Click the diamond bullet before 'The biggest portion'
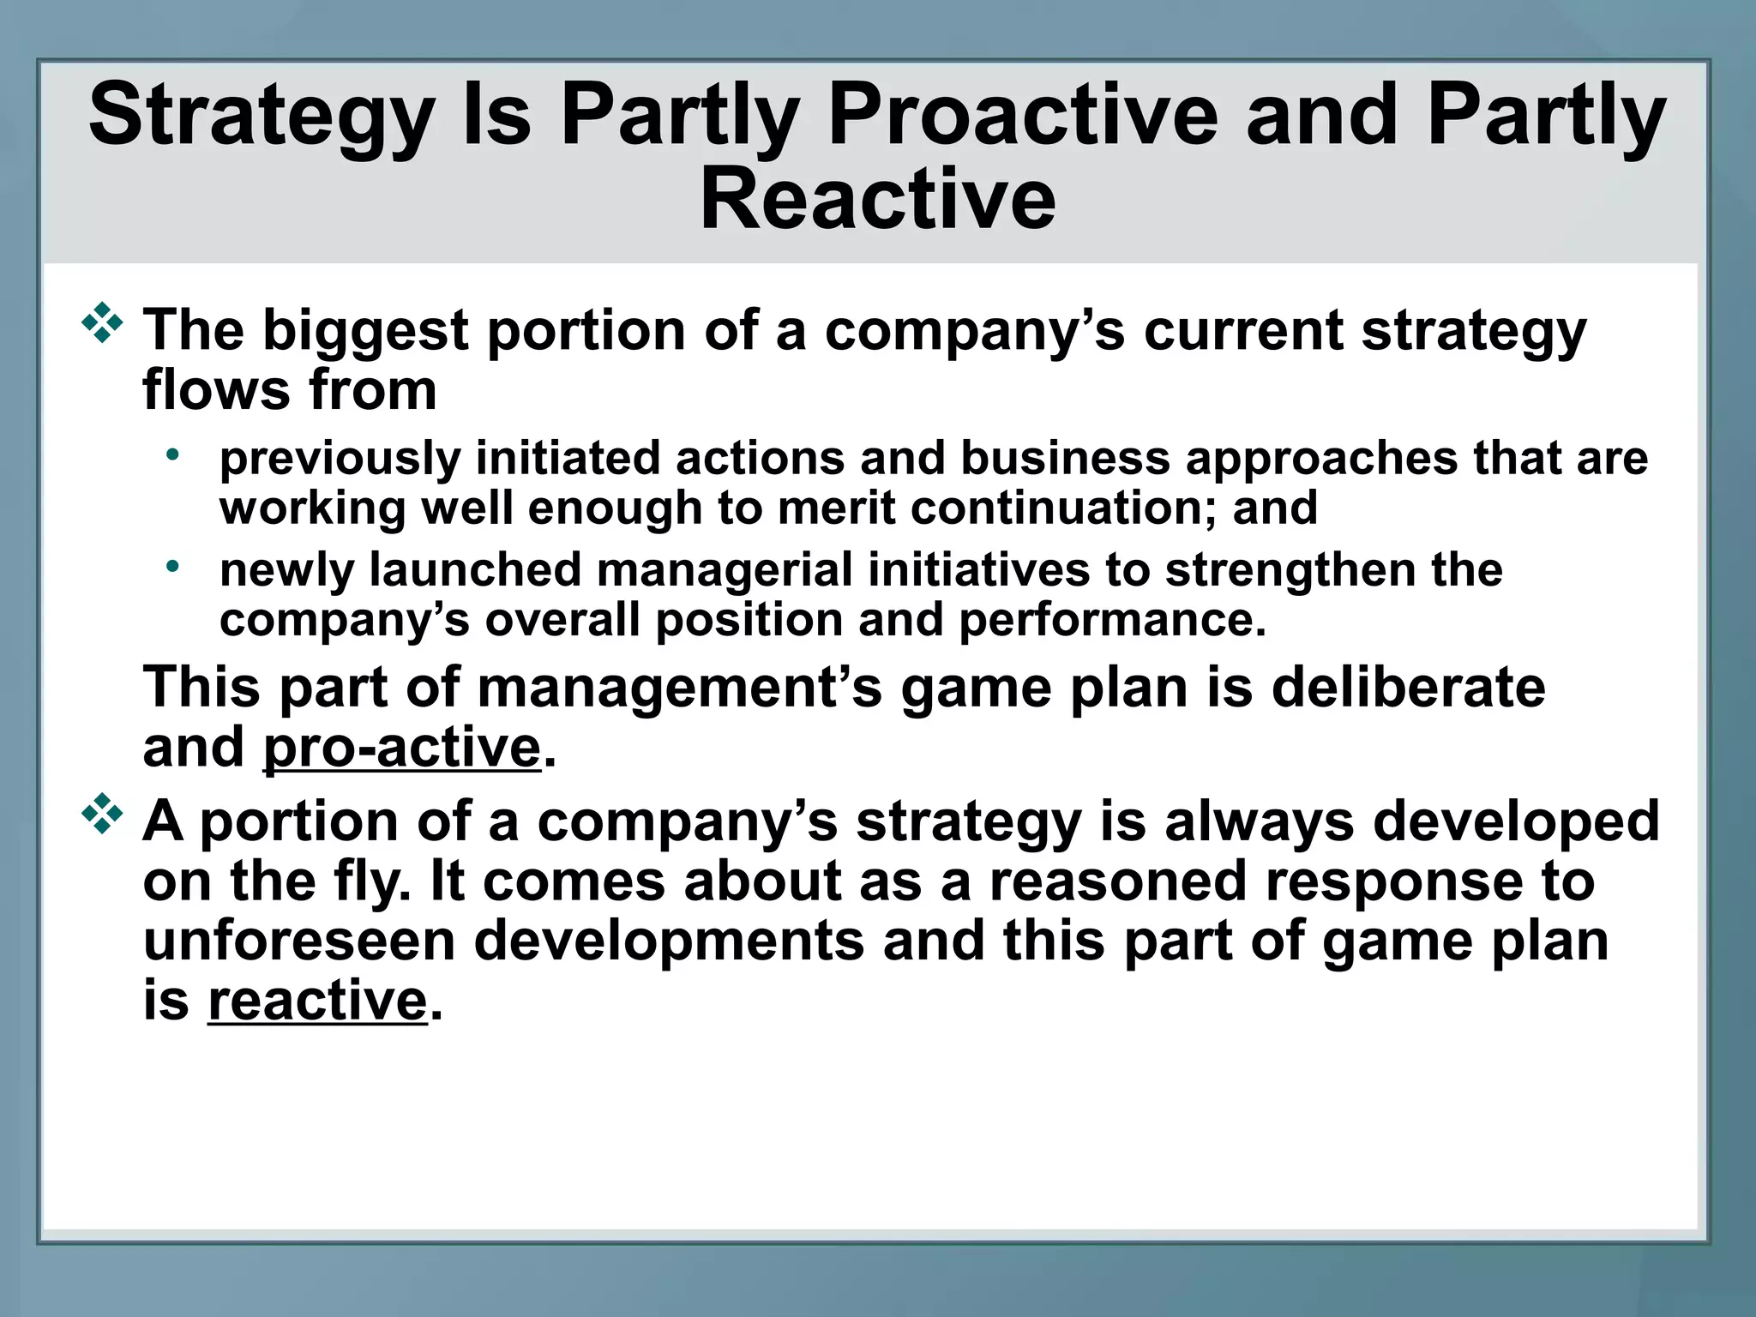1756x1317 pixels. (x=102, y=323)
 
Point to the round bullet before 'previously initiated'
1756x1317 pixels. (x=173, y=454)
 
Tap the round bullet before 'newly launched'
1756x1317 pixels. (x=173, y=565)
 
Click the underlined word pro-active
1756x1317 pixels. (x=401, y=748)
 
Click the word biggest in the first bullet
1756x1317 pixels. (x=364, y=330)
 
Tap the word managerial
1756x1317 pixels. (x=724, y=570)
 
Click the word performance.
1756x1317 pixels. (x=1111, y=620)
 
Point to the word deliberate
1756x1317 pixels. (x=1407, y=688)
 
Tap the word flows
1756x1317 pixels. (x=215, y=391)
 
